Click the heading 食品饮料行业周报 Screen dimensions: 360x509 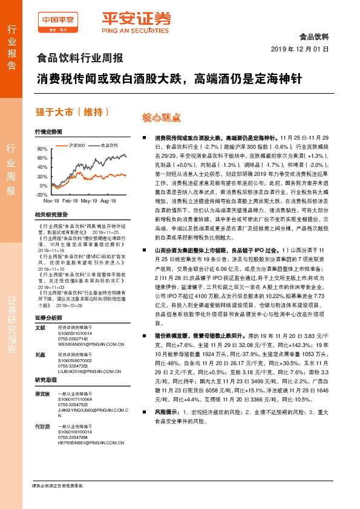(x=80, y=59)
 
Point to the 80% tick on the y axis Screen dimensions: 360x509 (x=42, y=149)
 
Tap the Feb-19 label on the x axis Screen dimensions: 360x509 (x=70, y=201)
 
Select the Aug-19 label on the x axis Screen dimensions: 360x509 (x=108, y=201)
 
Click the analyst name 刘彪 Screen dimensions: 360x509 (x=41, y=355)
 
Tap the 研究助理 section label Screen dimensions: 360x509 (x=46, y=380)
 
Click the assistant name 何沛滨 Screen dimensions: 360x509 (x=42, y=426)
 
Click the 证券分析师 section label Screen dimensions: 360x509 (x=48, y=317)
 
